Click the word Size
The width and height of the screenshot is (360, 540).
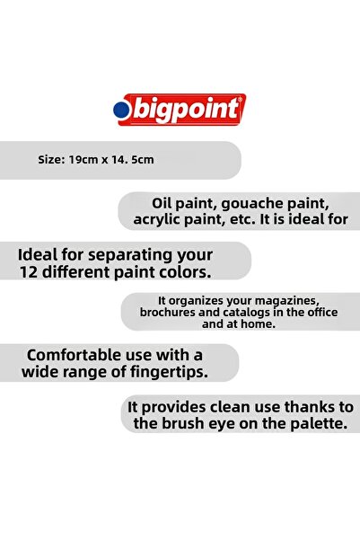click(51, 161)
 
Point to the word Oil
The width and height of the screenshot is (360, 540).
click(145, 202)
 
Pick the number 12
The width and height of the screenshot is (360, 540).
click(28, 270)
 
